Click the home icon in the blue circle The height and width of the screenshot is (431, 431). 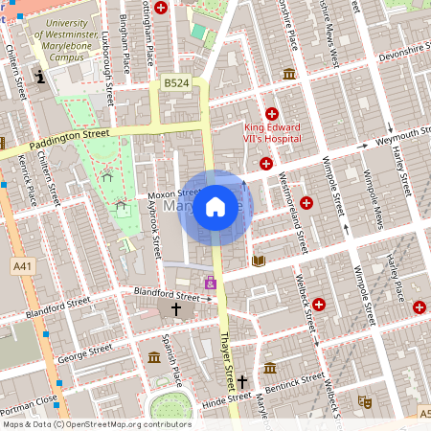click(x=215, y=206)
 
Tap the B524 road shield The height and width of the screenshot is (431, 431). click(x=175, y=84)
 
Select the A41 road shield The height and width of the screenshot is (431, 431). click(x=21, y=264)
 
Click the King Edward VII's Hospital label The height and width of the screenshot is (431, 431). click(x=259, y=133)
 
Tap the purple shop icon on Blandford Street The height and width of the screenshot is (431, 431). click(x=210, y=283)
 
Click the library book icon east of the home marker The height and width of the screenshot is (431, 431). click(x=257, y=260)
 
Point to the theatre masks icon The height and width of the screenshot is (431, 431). click(x=363, y=401)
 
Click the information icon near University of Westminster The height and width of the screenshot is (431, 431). click(x=39, y=77)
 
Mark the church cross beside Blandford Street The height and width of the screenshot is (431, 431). click(x=176, y=309)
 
